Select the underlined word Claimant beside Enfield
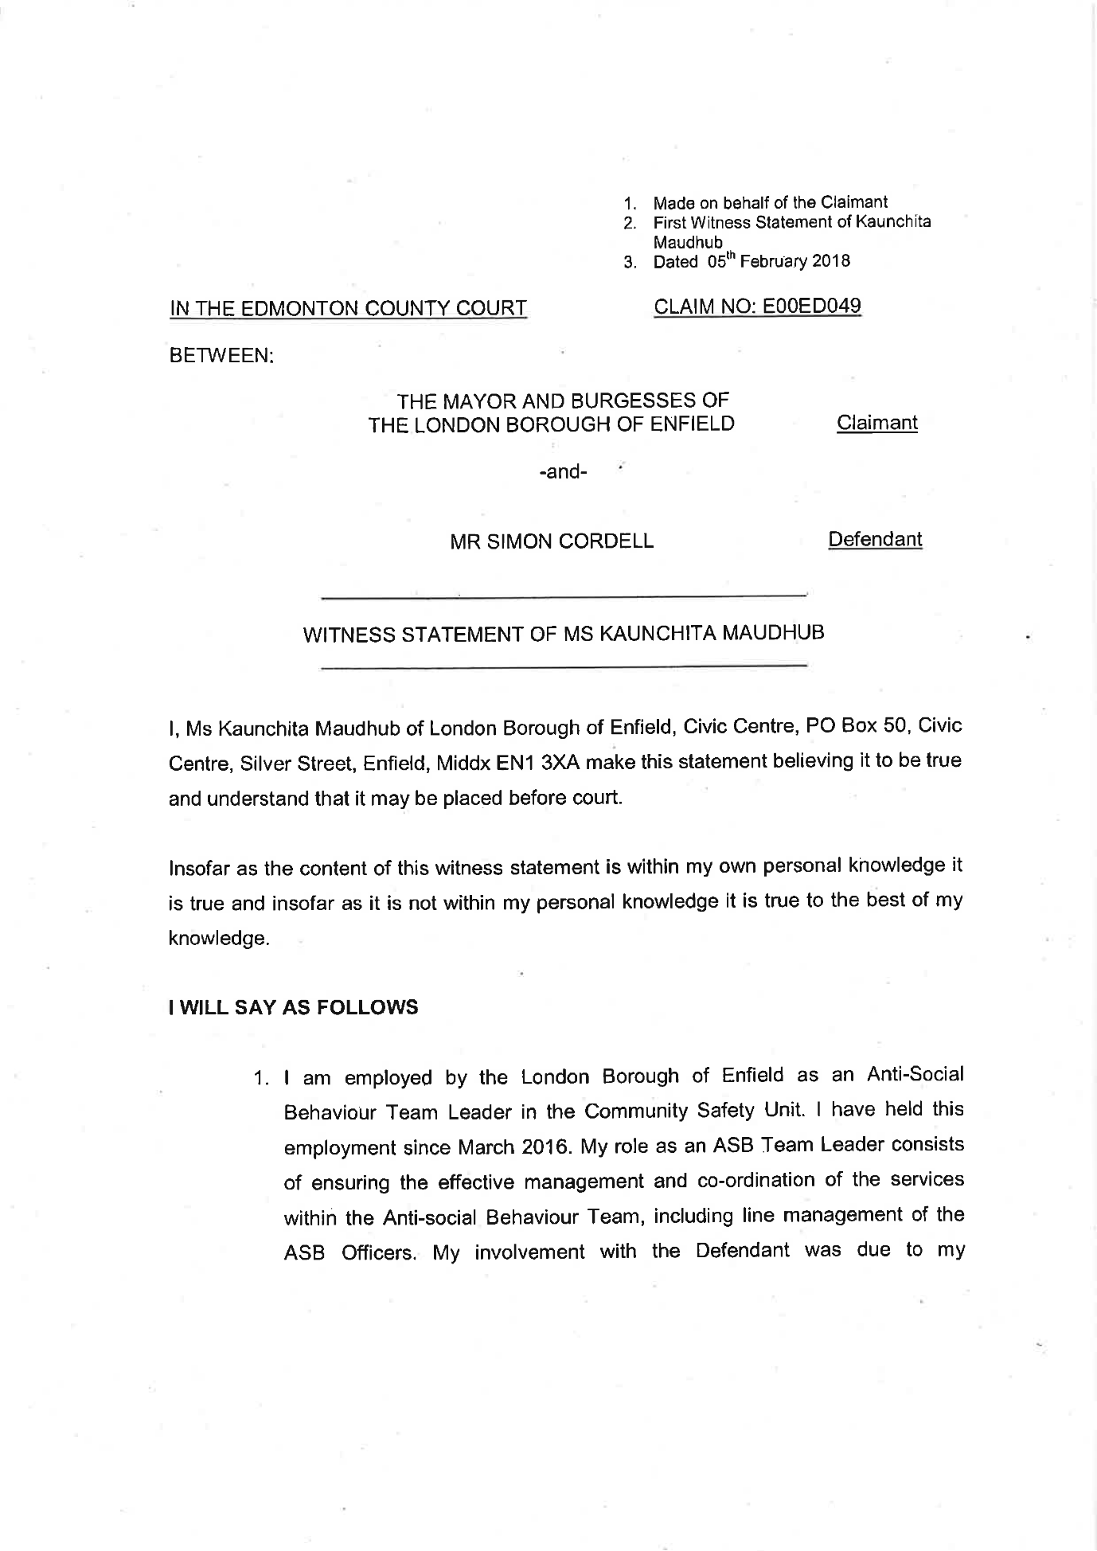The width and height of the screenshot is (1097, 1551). pos(876,423)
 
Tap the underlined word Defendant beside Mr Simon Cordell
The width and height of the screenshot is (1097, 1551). pos(875,540)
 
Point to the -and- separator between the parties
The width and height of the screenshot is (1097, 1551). pos(563,472)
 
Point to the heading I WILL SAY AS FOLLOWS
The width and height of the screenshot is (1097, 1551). pos(293,1007)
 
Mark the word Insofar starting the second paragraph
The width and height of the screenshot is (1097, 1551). pos(201,867)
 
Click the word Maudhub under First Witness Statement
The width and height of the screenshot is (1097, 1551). pos(688,242)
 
